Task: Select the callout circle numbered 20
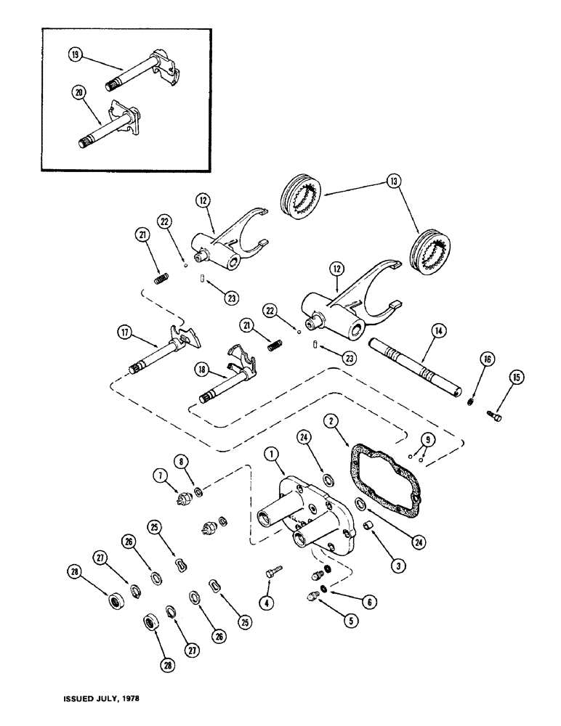(78, 92)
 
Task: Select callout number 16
(485, 359)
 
